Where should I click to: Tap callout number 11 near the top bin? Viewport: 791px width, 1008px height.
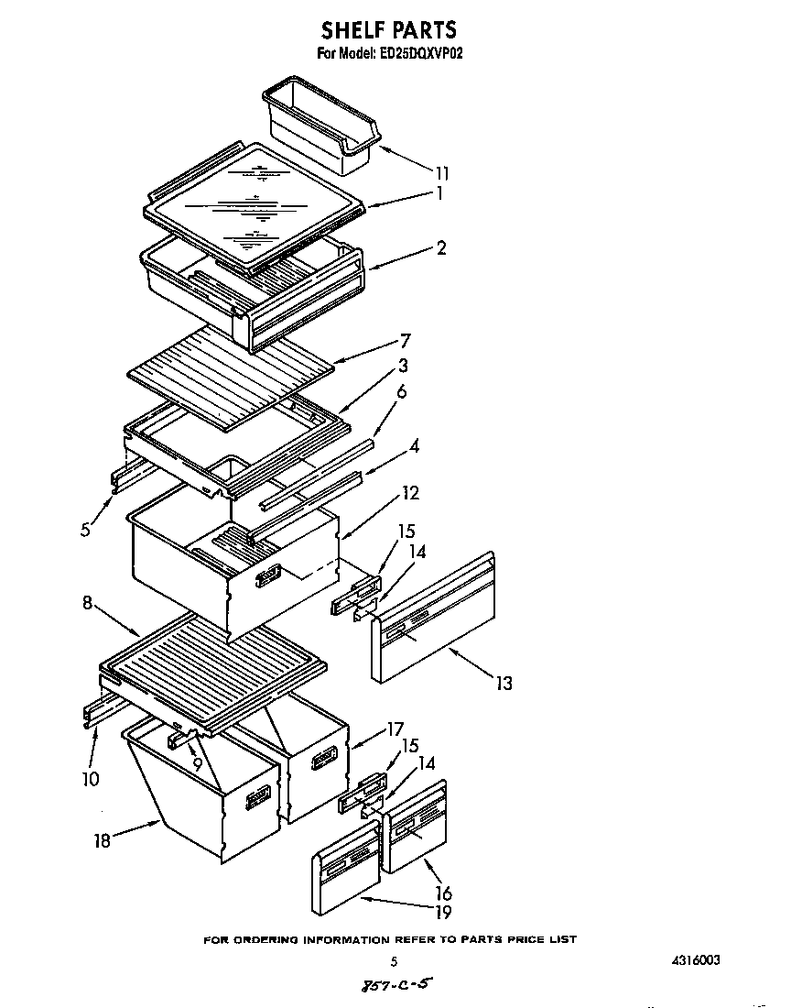443,171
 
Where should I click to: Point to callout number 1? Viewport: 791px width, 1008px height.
440,193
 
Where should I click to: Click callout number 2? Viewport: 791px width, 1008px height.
441,248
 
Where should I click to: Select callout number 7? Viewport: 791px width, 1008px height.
403,341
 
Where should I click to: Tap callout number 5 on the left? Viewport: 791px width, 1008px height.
85,530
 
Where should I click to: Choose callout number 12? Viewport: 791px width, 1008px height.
410,494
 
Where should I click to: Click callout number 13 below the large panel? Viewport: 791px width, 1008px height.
503,683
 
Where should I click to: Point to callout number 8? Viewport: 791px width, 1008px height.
88,604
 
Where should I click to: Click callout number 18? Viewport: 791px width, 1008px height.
103,840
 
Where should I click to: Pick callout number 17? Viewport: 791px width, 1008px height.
395,729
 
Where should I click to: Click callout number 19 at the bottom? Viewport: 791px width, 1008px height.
442,912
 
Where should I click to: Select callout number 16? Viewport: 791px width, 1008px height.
442,893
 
